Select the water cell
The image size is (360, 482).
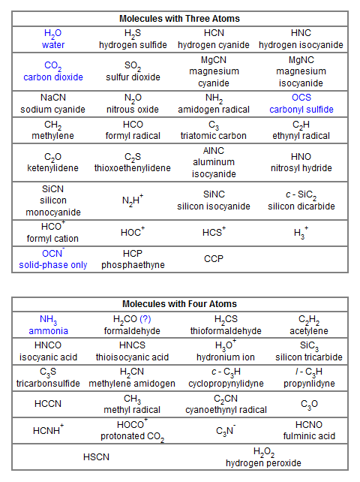[x=53, y=39]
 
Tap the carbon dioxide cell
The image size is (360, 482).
[x=53, y=71]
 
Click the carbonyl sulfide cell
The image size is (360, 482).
[x=301, y=104]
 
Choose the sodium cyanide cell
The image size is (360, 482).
[x=53, y=104]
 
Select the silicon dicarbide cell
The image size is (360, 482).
[x=301, y=200]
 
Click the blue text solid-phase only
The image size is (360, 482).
[x=53, y=265]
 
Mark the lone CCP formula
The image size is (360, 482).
[x=214, y=259]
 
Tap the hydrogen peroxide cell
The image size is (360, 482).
[x=263, y=457]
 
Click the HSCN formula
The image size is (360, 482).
[x=97, y=456]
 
